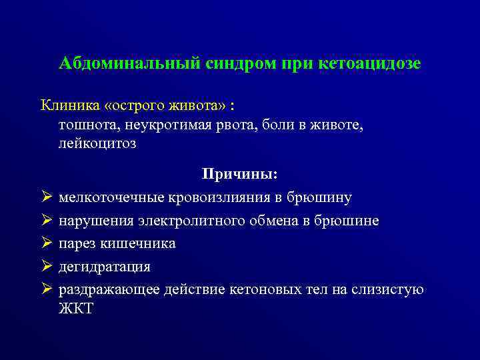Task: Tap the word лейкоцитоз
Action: pyautogui.click(x=97, y=143)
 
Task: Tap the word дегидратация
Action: pyautogui.click(x=105, y=267)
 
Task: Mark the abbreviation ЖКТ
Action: pyautogui.click(x=77, y=309)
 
